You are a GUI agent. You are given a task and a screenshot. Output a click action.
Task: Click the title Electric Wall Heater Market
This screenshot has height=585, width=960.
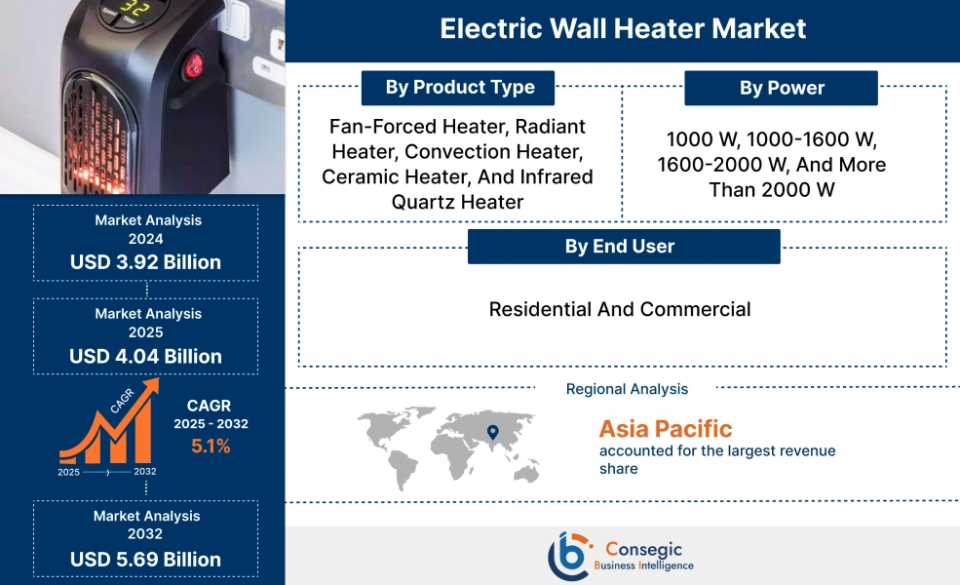pyautogui.click(x=623, y=28)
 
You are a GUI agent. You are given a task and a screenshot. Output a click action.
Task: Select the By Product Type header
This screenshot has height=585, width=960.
pyautogui.click(x=459, y=88)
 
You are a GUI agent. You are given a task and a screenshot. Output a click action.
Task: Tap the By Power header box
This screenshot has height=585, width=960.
pyautogui.click(x=782, y=89)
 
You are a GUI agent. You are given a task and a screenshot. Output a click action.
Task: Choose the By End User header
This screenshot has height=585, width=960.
pyautogui.click(x=624, y=247)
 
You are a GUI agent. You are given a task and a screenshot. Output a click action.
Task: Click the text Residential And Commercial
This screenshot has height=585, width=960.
pyautogui.click(x=620, y=310)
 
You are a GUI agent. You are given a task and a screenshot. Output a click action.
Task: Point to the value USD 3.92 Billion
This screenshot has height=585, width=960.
pyautogui.click(x=146, y=262)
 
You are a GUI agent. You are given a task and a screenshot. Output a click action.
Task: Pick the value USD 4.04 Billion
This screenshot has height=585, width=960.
pyautogui.click(x=146, y=356)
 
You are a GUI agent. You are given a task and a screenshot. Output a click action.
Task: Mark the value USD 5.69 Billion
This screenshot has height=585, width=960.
pyautogui.click(x=146, y=560)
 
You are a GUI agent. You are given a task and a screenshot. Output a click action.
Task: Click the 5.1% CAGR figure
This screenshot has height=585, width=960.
pyautogui.click(x=211, y=447)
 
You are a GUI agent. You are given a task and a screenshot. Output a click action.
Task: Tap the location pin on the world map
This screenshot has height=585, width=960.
pyautogui.click(x=492, y=431)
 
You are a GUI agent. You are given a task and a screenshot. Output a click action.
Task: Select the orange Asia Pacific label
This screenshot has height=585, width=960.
pyautogui.click(x=666, y=428)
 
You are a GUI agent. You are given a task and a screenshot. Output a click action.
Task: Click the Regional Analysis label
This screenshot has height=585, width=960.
pyautogui.click(x=627, y=389)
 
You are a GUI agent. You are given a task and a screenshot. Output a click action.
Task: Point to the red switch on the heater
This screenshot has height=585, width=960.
pyautogui.click(x=193, y=66)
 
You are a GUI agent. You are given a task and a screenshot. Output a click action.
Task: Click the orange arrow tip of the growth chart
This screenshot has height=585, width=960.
pyautogui.click(x=153, y=386)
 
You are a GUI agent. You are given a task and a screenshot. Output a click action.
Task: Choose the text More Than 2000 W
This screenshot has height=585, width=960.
pyautogui.click(x=798, y=177)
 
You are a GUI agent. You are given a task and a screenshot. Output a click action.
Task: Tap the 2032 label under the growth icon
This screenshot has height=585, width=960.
pyautogui.click(x=144, y=472)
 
